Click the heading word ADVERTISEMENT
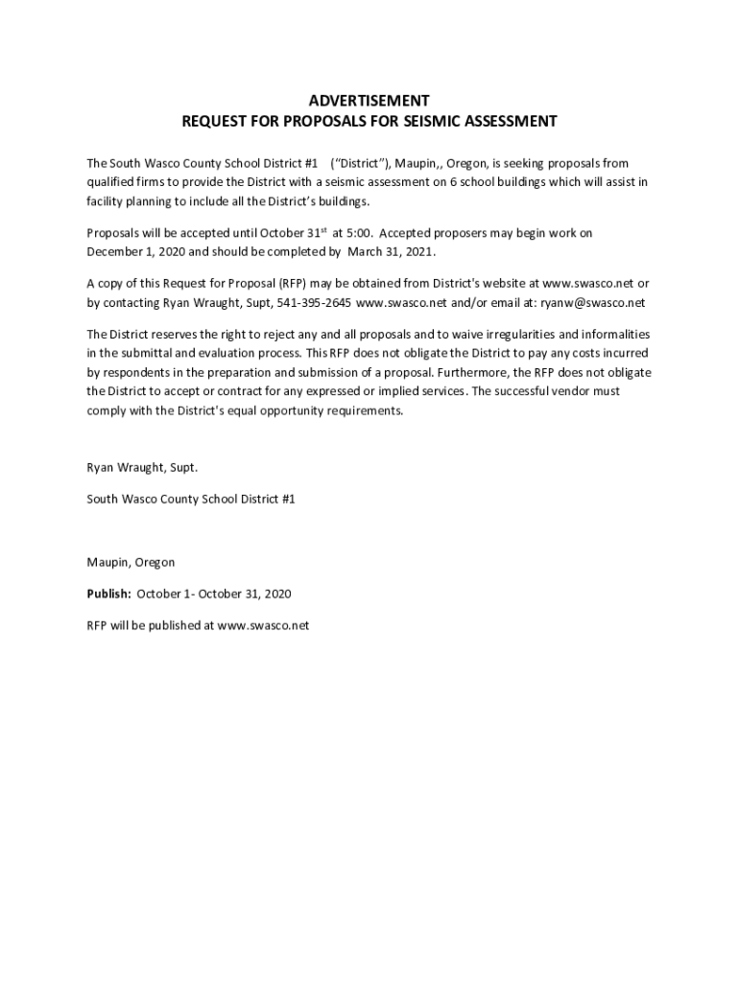pos(369,101)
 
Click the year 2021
pos(419,251)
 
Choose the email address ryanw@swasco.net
pos(592,302)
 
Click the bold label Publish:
pos(108,594)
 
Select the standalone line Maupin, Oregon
pos(131,562)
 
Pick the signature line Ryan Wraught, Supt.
pos(142,468)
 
